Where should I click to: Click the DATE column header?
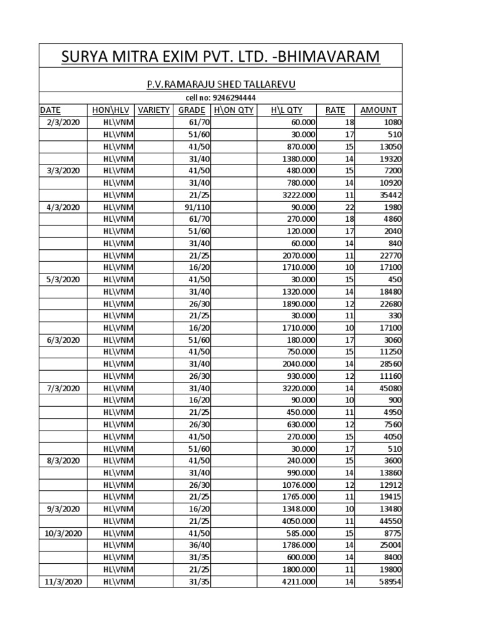[51, 110]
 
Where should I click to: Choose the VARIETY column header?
[153, 110]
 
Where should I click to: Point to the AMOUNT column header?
[379, 110]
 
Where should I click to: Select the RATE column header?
[335, 110]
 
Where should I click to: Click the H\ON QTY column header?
[234, 110]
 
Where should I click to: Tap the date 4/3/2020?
[63, 207]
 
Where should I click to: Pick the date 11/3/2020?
[63, 581]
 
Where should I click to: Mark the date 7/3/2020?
[63, 388]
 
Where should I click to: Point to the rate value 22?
[349, 207]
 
